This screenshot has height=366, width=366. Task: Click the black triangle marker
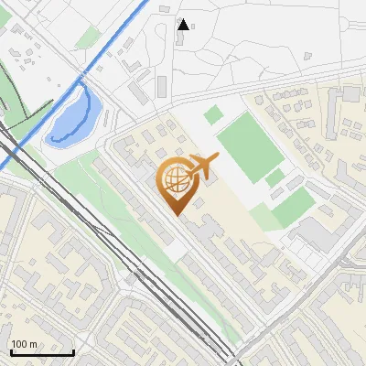pos(183,24)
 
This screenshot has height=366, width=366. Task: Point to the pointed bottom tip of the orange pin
pos(176,215)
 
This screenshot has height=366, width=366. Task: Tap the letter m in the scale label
pos(34,345)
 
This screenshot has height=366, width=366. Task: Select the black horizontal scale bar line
pos(41,352)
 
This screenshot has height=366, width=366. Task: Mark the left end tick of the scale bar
pos(10,350)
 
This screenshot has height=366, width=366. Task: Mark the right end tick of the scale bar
pos(73,350)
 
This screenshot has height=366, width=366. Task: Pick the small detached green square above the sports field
pos(213,114)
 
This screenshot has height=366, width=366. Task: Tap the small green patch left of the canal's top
pos(88,38)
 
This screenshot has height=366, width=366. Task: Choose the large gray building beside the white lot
pos(316,233)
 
